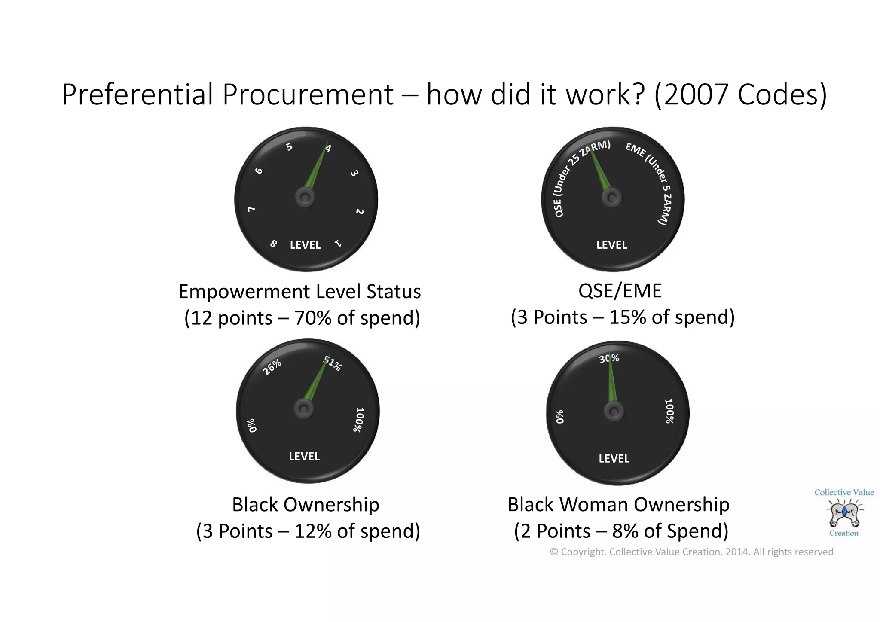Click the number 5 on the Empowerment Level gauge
coord(290,147)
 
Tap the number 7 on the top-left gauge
coord(252,209)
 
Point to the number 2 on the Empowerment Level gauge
coord(360,211)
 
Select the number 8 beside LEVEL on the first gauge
coord(273,244)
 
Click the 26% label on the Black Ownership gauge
coord(272,367)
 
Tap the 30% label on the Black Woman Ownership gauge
coord(609,358)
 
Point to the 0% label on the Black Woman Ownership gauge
coord(559,417)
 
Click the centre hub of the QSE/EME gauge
coord(611,198)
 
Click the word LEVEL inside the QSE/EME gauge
coord(611,245)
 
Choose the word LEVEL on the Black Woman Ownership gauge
coord(614,458)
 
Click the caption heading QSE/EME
coord(620,291)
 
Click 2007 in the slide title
coord(696,95)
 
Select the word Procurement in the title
coord(308,95)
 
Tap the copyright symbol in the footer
coord(554,552)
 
